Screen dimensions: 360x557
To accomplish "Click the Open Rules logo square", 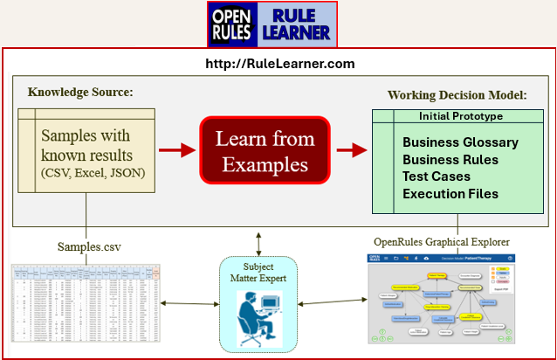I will (230, 24).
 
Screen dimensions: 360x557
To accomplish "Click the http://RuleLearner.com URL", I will (279, 64).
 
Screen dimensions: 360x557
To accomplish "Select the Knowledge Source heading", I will (79, 91).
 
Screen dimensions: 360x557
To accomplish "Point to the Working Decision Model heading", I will (457, 94).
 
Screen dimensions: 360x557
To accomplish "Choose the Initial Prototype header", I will (461, 116).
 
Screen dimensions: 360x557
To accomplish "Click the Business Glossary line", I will (460, 142).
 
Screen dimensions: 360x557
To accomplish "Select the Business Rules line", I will (450, 160).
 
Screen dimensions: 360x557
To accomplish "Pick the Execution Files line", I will (450, 194).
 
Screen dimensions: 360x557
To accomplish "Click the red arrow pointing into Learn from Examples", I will (176, 150).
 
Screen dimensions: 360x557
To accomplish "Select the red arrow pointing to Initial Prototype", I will (351, 150).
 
